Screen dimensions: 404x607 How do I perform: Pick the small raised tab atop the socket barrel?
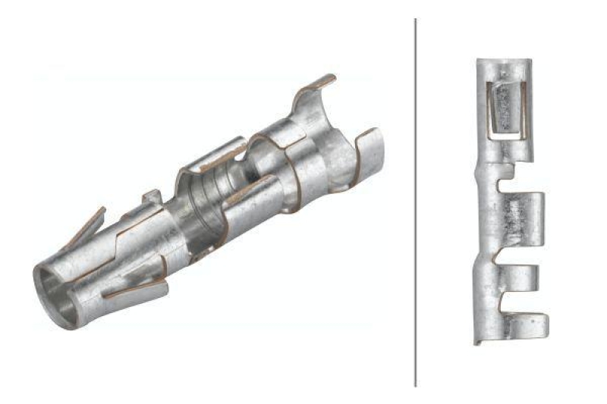tap(150, 197)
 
